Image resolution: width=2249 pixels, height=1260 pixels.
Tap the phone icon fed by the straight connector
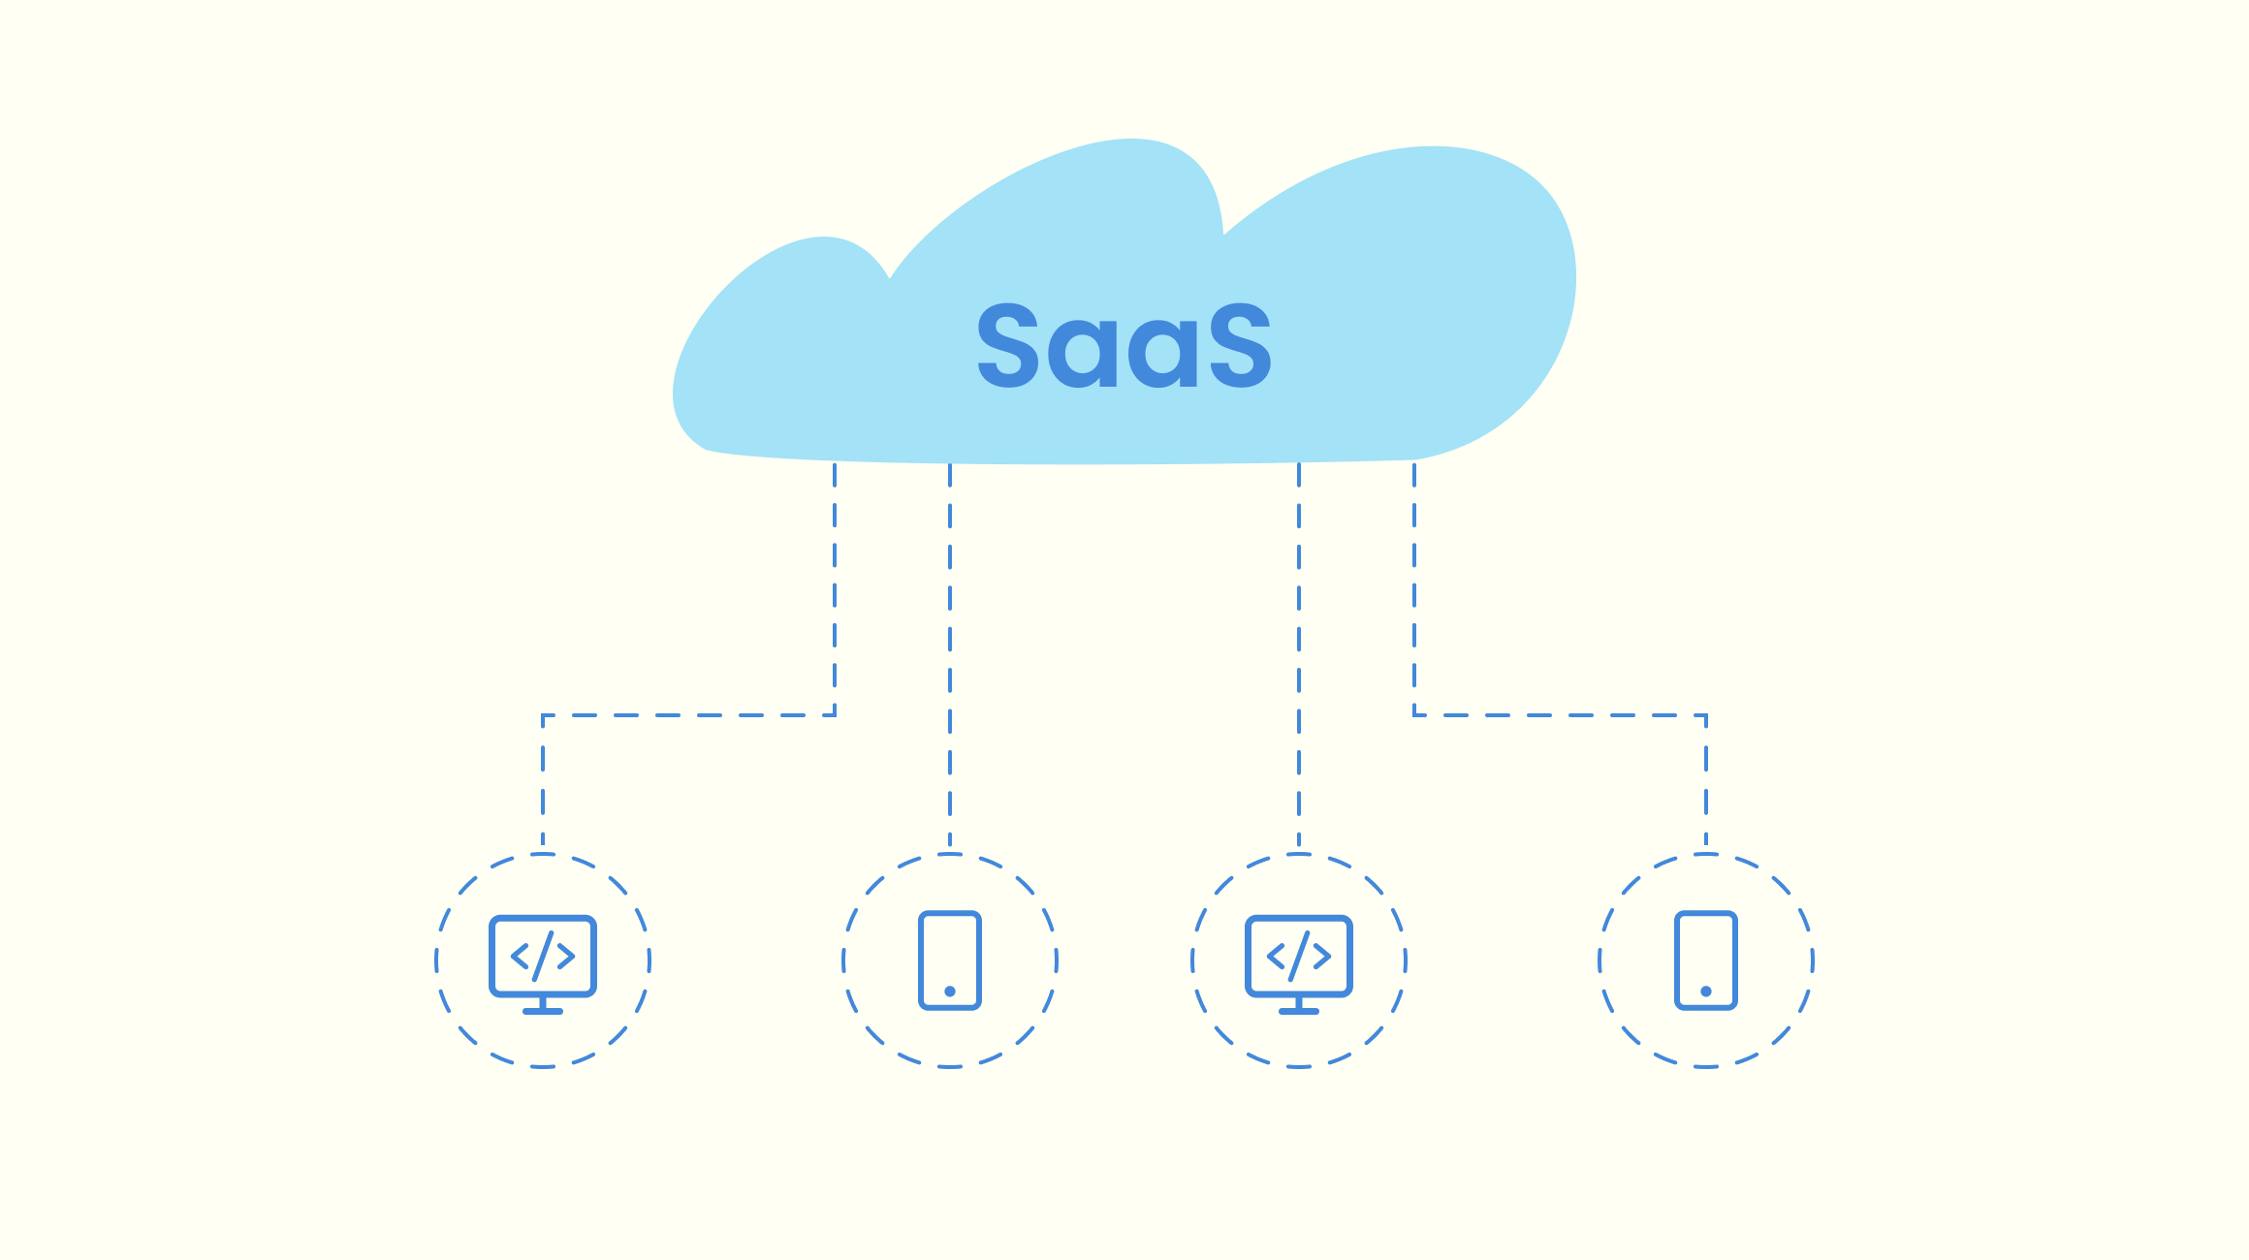click(950, 960)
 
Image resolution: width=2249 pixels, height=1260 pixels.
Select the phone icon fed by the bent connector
click(1706, 960)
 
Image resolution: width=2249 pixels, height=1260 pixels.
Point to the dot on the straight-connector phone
click(950, 992)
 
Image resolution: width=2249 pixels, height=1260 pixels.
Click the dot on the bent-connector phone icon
click(1706, 992)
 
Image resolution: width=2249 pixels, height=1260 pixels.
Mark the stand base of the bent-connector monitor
click(543, 1012)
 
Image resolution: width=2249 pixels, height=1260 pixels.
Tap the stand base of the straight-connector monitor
click(1299, 1012)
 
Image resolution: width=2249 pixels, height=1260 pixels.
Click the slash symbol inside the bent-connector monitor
click(543, 956)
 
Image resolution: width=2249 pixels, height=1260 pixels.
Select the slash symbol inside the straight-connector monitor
click(1299, 956)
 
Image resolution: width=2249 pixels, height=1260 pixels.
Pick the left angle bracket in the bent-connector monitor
click(521, 957)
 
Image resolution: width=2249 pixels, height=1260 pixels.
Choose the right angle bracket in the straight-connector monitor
click(1322, 957)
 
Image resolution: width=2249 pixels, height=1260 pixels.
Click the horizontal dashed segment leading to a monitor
click(688, 715)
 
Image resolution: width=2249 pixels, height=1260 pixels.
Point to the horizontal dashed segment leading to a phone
click(1561, 715)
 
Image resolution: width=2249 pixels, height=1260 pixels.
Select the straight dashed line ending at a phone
click(950, 659)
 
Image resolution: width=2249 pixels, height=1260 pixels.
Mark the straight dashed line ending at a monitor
click(1299, 659)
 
